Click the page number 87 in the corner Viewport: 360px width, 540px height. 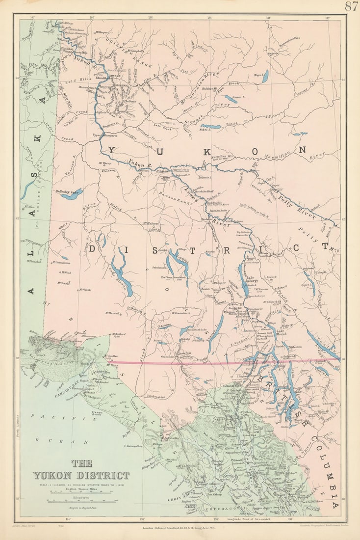click(351, 6)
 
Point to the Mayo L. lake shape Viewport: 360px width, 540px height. click(265, 77)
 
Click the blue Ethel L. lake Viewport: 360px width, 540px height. click(211, 127)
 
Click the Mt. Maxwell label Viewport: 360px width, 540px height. click(112, 313)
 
